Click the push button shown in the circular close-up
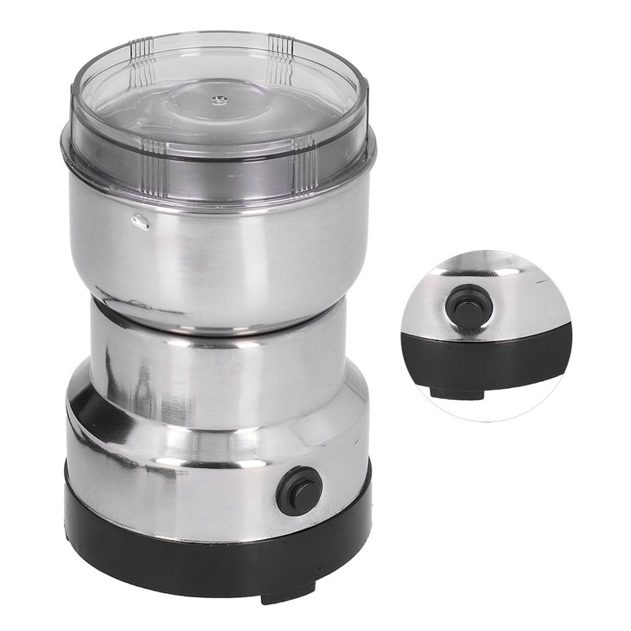tap(458, 304)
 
